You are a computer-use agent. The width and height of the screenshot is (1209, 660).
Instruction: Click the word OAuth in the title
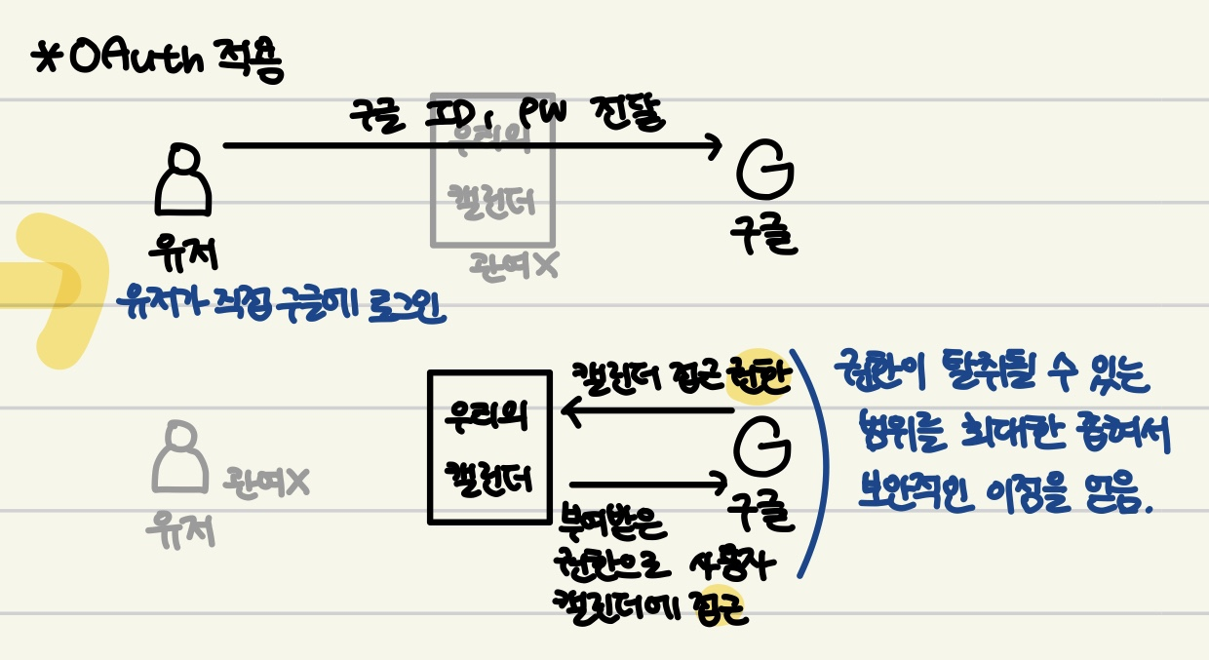pyautogui.click(x=136, y=59)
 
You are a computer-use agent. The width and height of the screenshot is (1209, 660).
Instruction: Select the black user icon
pyautogui.click(x=183, y=180)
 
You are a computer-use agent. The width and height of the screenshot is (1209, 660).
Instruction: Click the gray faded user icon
pyautogui.click(x=179, y=458)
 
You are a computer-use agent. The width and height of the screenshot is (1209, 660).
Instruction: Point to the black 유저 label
pyautogui.click(x=183, y=252)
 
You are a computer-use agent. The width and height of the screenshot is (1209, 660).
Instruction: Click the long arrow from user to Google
pyautogui.click(x=468, y=146)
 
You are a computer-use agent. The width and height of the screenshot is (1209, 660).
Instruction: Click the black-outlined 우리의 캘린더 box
pyautogui.click(x=489, y=446)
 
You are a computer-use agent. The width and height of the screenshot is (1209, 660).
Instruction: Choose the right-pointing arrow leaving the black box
pyautogui.click(x=648, y=483)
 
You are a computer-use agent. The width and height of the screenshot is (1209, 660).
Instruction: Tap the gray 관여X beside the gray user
pyautogui.click(x=266, y=481)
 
